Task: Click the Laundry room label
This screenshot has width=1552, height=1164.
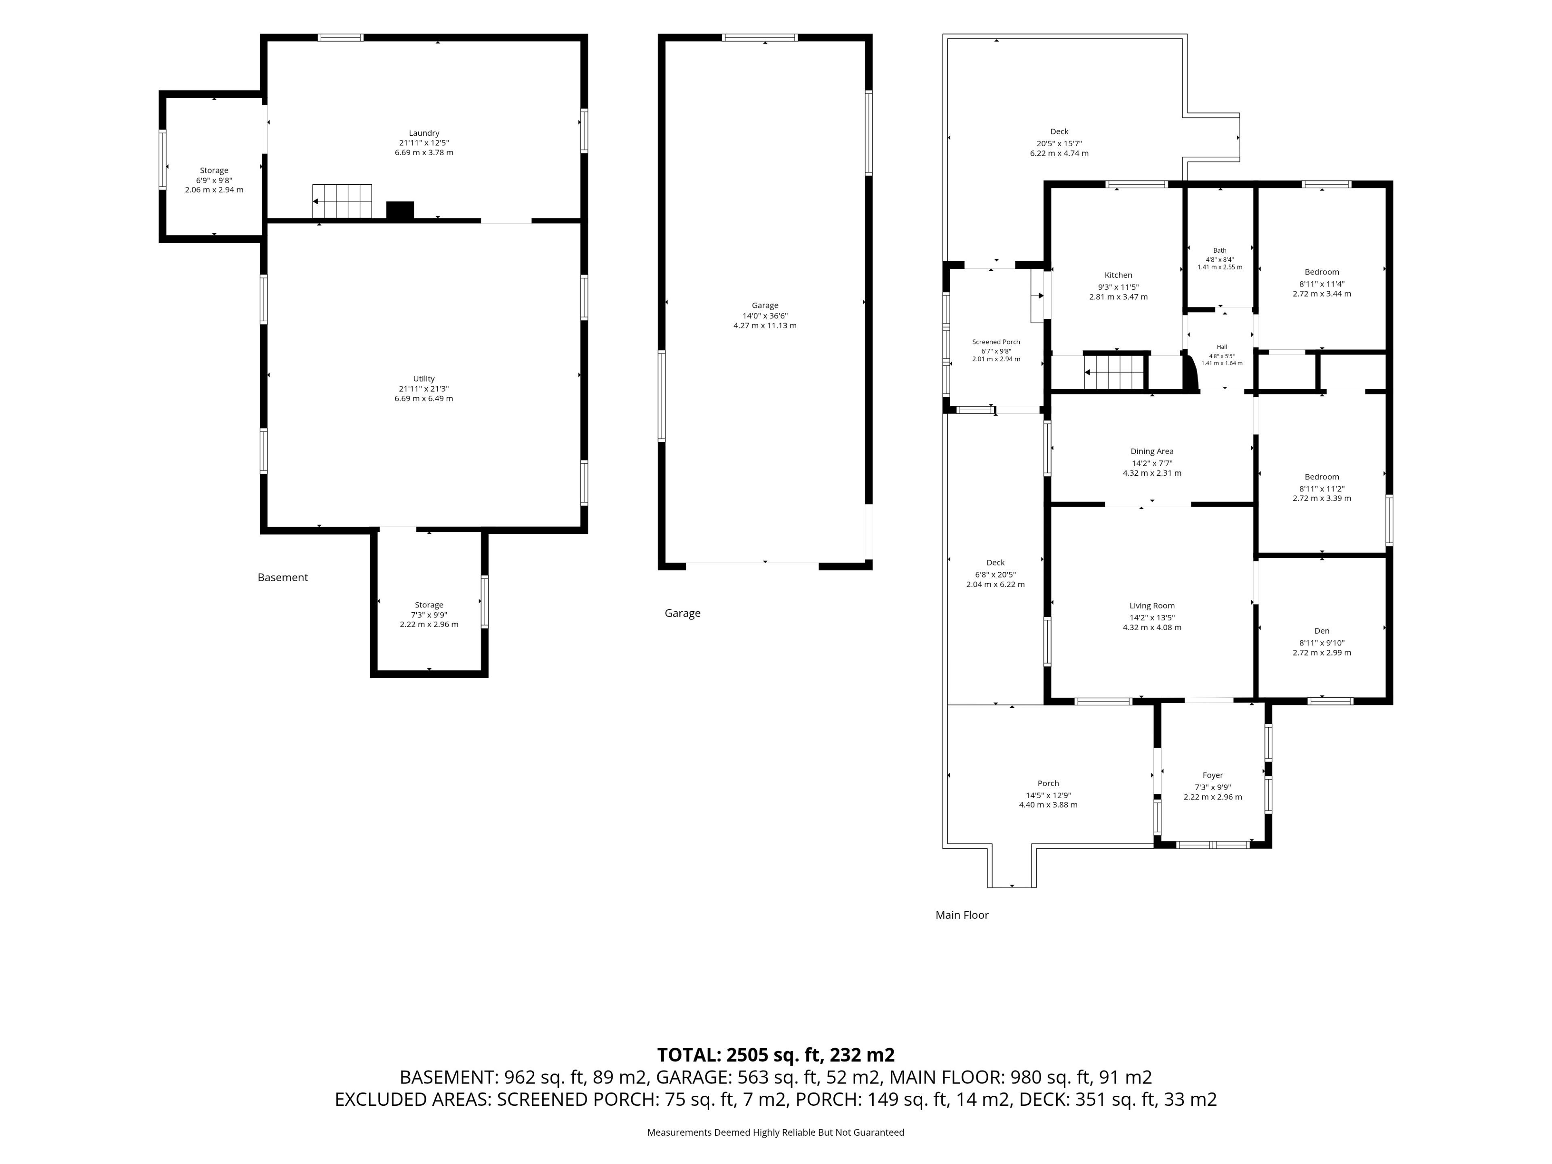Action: tap(424, 133)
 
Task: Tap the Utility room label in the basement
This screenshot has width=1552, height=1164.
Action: tap(424, 379)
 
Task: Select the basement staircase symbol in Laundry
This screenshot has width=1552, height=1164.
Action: tap(342, 201)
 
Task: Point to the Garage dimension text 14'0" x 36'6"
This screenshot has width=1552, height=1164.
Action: tap(765, 316)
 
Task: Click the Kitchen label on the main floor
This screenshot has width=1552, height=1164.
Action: tap(1118, 275)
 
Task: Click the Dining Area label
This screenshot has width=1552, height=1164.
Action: tap(1152, 451)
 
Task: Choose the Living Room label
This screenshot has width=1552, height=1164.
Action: tap(1152, 605)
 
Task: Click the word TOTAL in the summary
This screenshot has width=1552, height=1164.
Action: tap(687, 1055)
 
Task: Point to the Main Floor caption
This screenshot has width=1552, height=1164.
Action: tap(962, 915)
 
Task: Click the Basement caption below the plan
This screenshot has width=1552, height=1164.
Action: tap(283, 578)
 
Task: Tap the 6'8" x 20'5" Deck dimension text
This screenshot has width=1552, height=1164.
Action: tap(995, 574)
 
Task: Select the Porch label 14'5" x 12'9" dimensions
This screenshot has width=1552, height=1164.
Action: tap(1048, 795)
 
